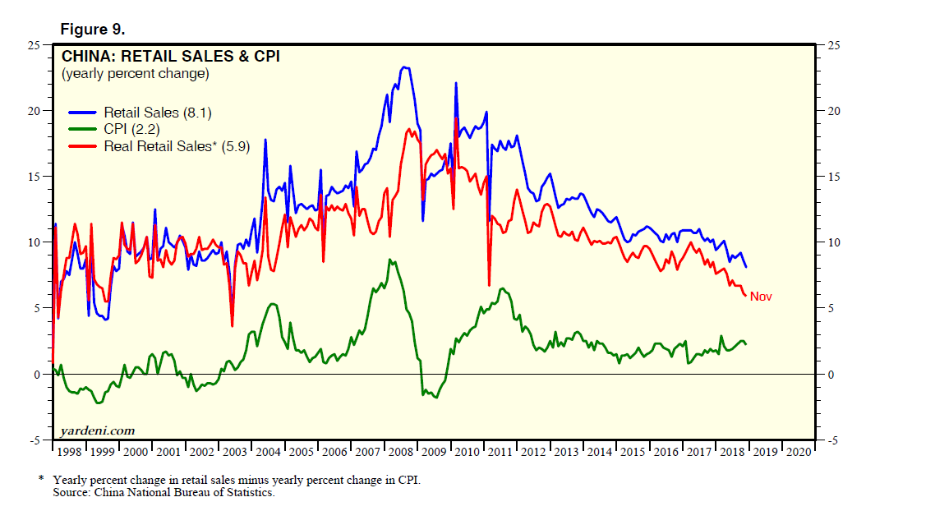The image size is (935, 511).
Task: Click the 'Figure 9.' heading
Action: point(92,30)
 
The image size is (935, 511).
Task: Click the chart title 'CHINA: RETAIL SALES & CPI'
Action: point(170,57)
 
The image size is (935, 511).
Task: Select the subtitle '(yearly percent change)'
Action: point(135,73)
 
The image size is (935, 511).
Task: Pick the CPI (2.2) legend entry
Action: point(131,129)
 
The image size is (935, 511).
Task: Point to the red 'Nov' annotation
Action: point(761,297)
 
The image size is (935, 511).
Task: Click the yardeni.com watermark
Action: point(97,430)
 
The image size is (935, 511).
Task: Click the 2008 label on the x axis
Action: point(401,451)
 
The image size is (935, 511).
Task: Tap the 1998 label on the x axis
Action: point(69,451)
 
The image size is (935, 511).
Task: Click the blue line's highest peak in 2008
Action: point(404,67)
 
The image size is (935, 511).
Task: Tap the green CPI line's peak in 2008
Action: point(390,260)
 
